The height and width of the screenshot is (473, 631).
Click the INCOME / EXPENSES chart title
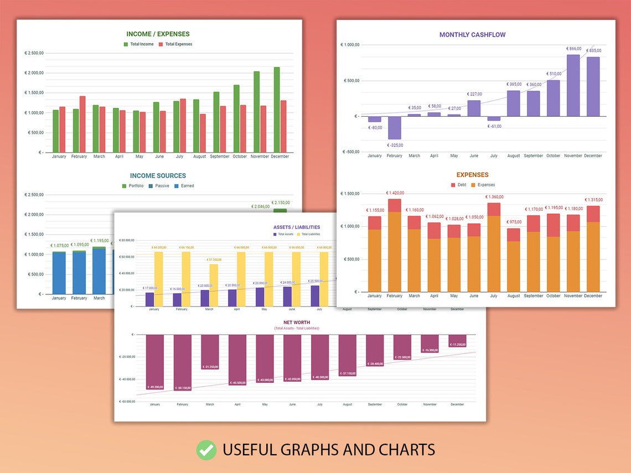pyautogui.click(x=158, y=34)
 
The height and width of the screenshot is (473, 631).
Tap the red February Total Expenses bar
pyautogui.click(x=82, y=124)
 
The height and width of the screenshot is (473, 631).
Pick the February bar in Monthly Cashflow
pyautogui.click(x=395, y=128)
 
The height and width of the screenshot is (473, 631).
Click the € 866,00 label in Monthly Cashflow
pyautogui.click(x=573, y=49)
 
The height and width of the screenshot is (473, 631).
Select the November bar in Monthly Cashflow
pyautogui.click(x=573, y=85)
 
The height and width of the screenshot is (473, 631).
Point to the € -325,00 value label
pyautogui.click(x=395, y=145)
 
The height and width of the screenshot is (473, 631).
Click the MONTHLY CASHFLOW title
pyautogui.click(x=472, y=35)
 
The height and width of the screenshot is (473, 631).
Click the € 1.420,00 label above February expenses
pyautogui.click(x=395, y=193)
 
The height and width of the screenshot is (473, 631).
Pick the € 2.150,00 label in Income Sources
pyautogui.click(x=280, y=202)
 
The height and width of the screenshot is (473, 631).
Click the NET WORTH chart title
pyautogui.click(x=296, y=322)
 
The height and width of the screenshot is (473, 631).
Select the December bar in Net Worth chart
pyautogui.click(x=457, y=341)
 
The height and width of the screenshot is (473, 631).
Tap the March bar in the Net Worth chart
pyautogui.click(x=210, y=352)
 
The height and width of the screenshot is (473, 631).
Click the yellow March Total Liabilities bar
pyautogui.click(x=214, y=285)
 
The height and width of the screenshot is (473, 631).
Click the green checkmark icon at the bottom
pyautogui.click(x=206, y=450)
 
